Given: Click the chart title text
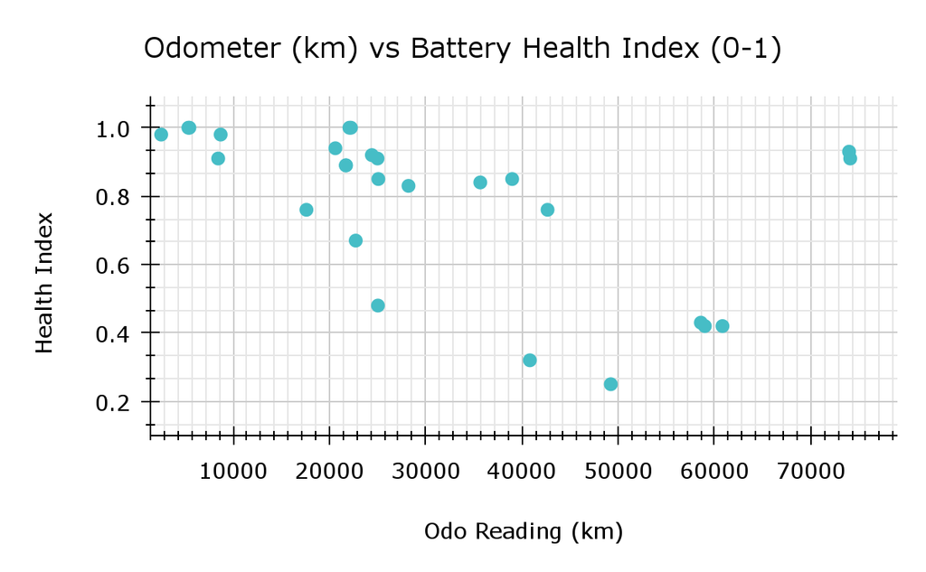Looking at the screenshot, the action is coord(462,49).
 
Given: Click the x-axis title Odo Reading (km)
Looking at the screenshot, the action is coord(524,532).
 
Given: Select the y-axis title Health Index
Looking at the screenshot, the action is coord(44,283).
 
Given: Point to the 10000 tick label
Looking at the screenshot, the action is coord(233,472).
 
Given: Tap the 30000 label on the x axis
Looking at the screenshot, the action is coord(425,472).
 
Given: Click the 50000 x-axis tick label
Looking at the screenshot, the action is coord(618,472).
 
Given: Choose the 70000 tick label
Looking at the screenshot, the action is coord(810,472).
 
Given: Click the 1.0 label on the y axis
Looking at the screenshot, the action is coord(113,128).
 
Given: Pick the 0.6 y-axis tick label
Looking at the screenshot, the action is coord(113,266).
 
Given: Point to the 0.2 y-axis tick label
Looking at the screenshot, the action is coord(113,403).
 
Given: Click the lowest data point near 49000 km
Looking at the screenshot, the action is coord(610,384).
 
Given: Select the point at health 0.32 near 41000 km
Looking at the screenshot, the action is coord(530,360).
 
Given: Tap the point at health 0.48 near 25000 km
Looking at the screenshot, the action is coord(378,305).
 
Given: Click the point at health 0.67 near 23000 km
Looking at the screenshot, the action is coord(355,241).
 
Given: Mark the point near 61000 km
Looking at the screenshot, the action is coord(723,326).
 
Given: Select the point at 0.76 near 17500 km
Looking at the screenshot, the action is coord(307,210).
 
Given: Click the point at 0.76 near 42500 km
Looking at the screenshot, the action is coord(547,210).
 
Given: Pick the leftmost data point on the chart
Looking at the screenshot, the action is coord(161,135).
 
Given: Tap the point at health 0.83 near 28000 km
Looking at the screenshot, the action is coord(408,186).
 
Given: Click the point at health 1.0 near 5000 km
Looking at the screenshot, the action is coord(189,127).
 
